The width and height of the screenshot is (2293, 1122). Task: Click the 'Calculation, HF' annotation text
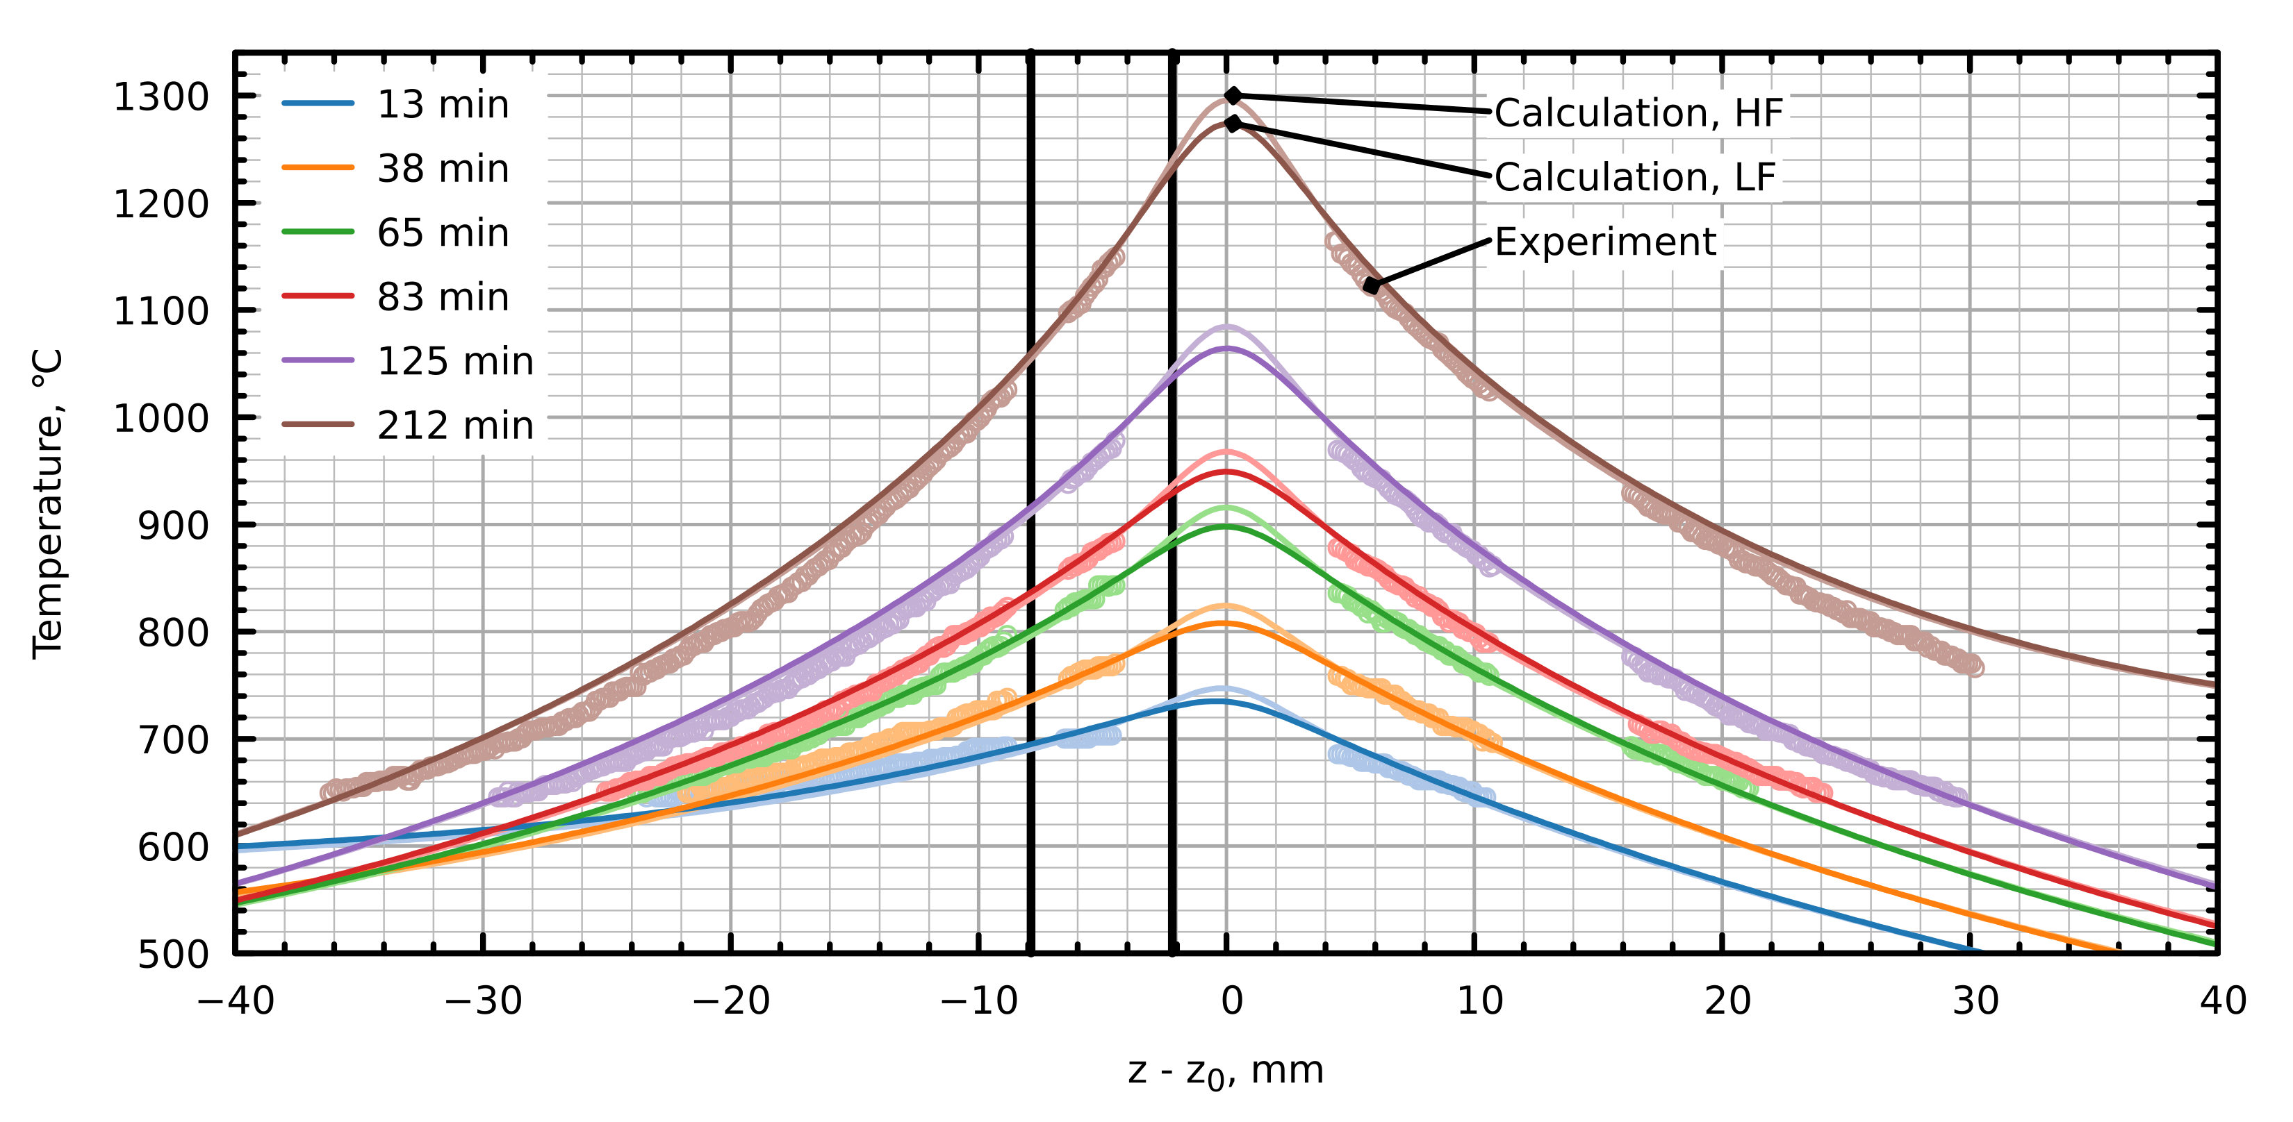(1638, 113)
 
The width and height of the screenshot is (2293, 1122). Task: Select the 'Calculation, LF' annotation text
(1634, 177)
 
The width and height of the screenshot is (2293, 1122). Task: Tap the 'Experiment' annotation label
(1605, 242)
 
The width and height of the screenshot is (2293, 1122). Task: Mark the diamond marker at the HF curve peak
(1233, 95)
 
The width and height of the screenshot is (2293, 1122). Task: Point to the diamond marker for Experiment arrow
(1372, 285)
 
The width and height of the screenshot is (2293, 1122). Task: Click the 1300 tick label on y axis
(161, 97)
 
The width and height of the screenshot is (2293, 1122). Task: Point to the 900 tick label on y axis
(173, 526)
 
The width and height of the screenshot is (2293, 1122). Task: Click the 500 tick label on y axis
(173, 954)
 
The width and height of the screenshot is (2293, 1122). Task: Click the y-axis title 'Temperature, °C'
(49, 503)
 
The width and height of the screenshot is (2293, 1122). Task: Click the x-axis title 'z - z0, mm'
(1226, 1071)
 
